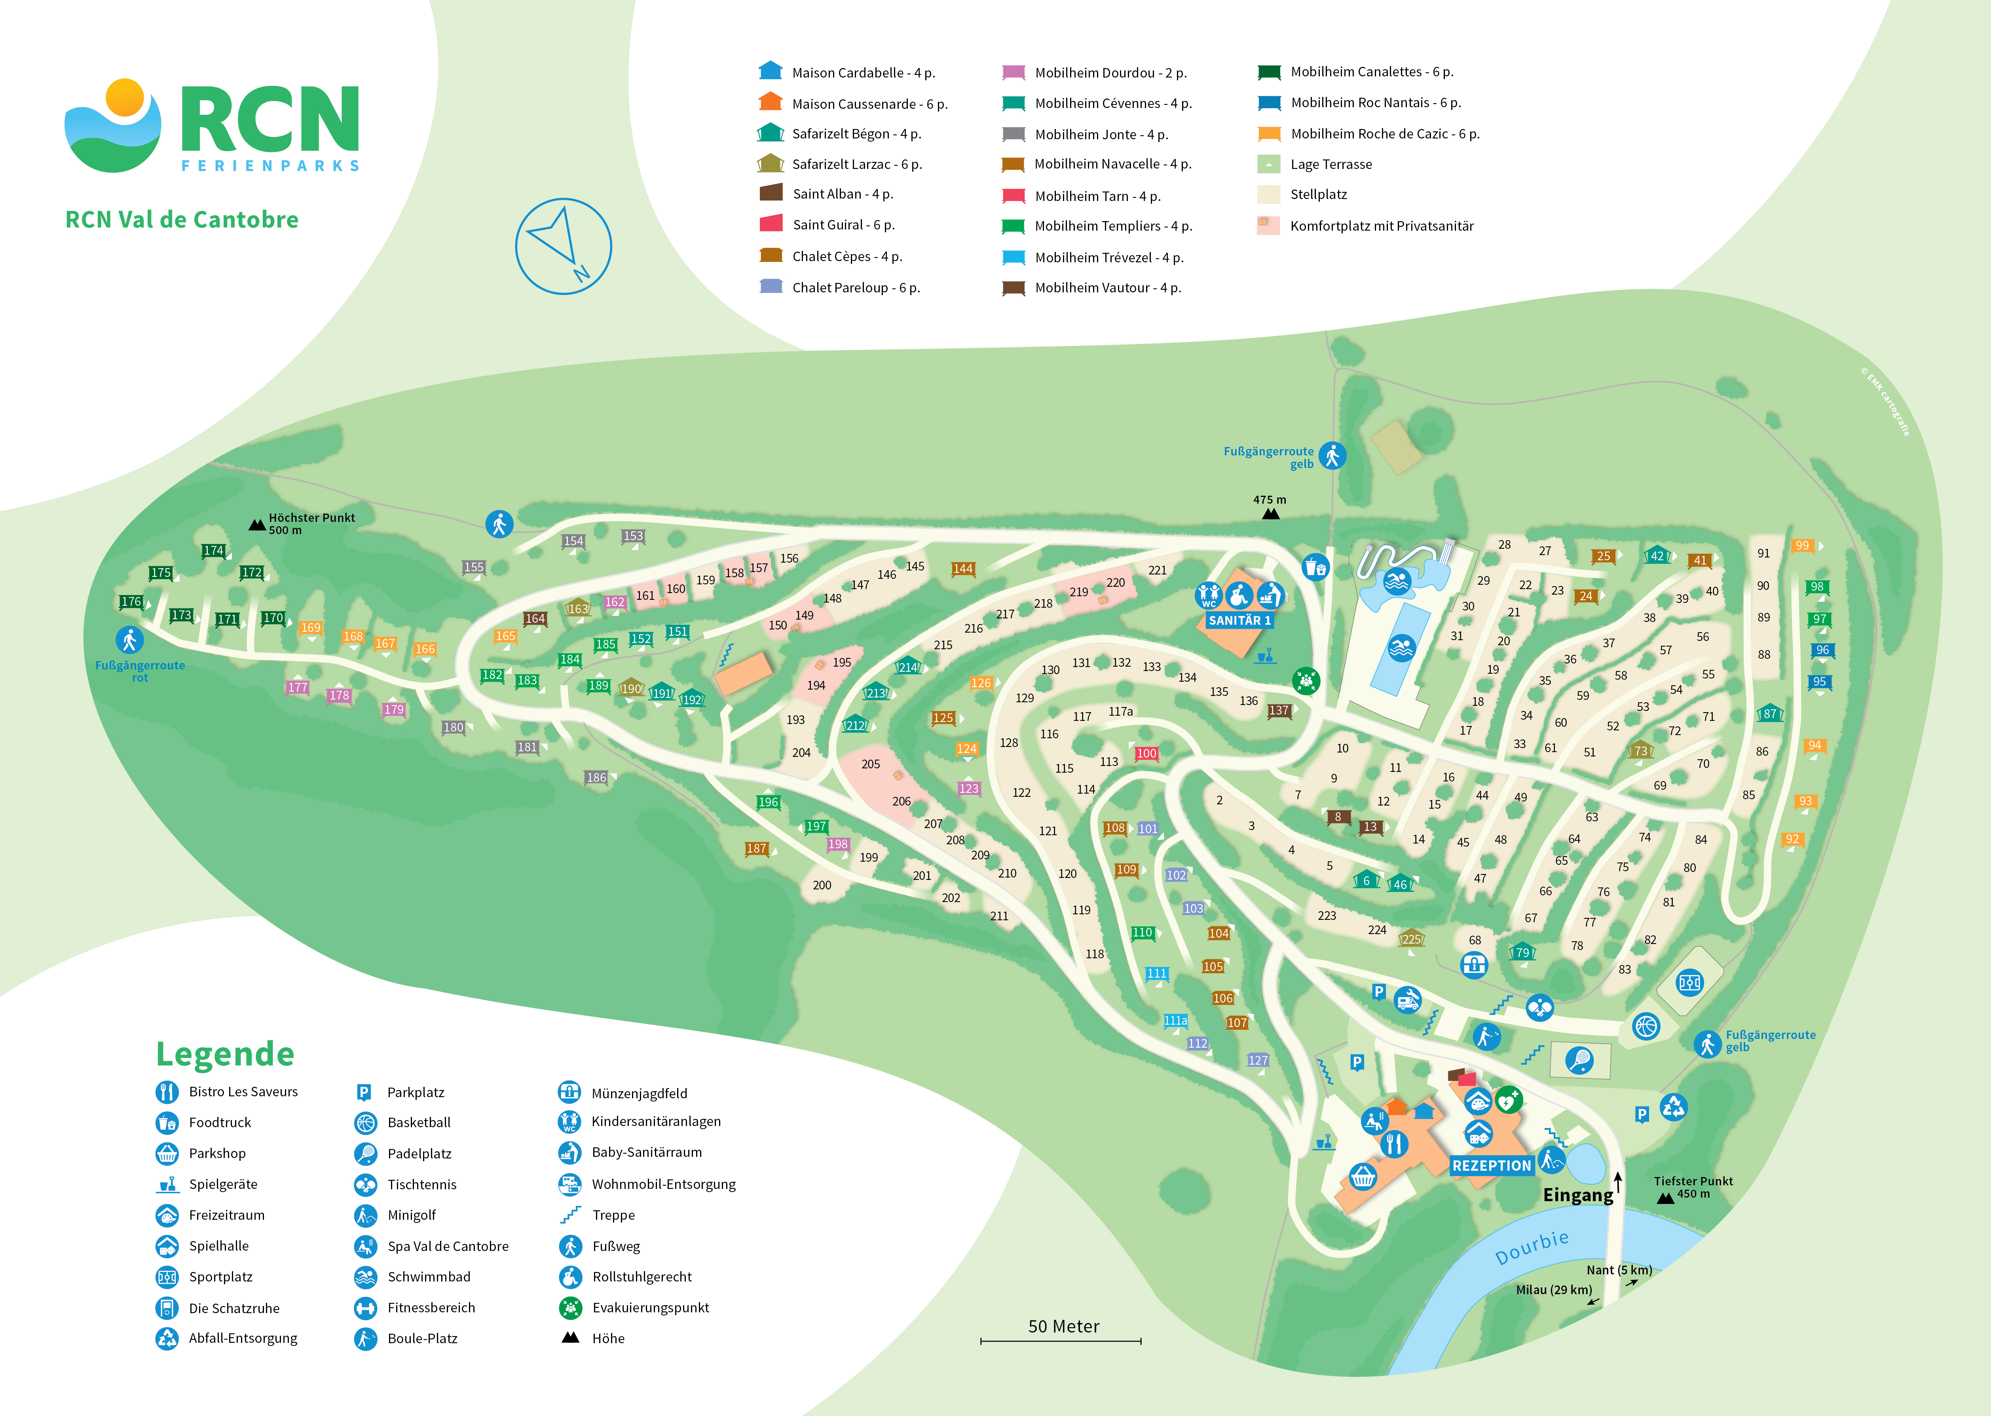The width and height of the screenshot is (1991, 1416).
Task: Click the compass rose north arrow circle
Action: click(x=564, y=246)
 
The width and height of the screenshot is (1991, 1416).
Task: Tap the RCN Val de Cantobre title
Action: click(x=181, y=220)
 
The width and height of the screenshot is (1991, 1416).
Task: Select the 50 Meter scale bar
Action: click(x=1061, y=1339)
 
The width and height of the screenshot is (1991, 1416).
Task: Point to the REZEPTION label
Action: click(x=1491, y=1166)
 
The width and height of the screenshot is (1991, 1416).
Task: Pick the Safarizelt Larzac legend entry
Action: click(x=856, y=164)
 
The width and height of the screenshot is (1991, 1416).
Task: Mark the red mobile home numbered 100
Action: click(x=1146, y=753)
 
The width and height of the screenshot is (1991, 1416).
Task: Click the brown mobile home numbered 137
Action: click(x=1279, y=711)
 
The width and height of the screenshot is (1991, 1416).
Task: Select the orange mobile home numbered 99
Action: click(x=1802, y=546)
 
